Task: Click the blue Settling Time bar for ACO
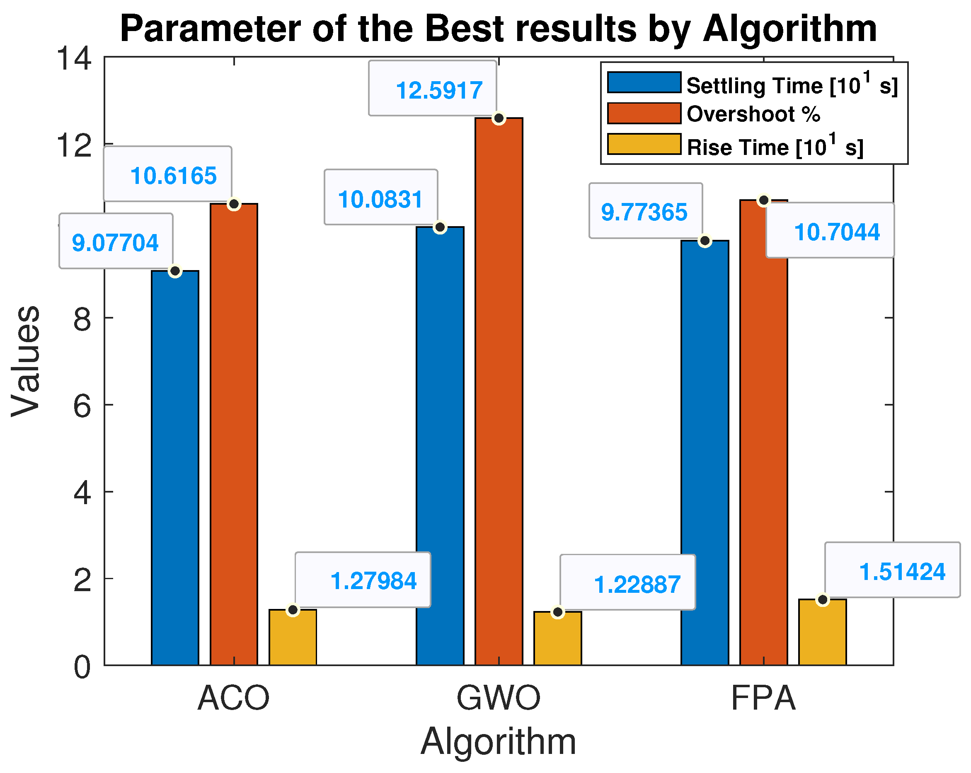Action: pos(175,468)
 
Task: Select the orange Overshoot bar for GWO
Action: pos(499,391)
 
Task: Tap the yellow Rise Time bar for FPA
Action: pos(822,632)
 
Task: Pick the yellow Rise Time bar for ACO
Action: pos(293,638)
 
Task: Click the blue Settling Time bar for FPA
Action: pos(705,453)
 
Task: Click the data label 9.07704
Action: pos(115,243)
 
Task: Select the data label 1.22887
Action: pos(637,585)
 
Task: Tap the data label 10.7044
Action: pos(837,232)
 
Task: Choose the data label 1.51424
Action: pos(902,572)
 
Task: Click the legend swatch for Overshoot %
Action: pos(644,114)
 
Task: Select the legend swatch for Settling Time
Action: pos(644,82)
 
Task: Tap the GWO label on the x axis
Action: pos(498,698)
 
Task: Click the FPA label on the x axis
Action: pos(763,698)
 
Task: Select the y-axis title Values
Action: pos(26,361)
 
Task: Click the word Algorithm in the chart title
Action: pos(789,29)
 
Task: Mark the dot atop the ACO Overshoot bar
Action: pos(234,204)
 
